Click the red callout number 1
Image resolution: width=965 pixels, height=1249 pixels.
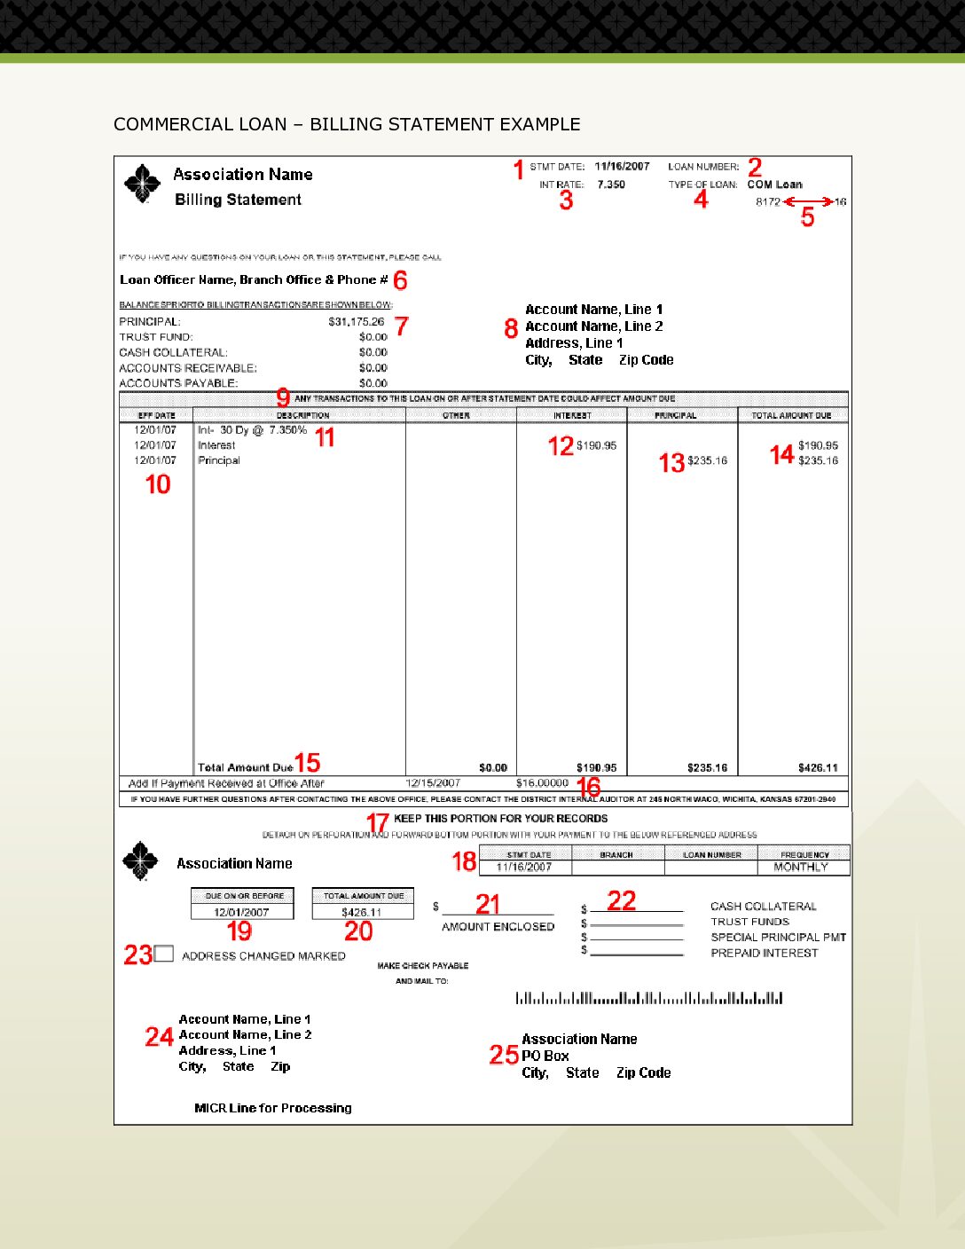(x=519, y=169)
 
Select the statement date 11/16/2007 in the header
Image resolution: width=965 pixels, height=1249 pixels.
(x=622, y=167)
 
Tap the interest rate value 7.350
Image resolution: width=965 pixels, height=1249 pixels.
(x=610, y=185)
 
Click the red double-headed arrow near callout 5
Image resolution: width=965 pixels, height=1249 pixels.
(x=808, y=202)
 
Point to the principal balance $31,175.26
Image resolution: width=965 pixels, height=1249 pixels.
(x=356, y=322)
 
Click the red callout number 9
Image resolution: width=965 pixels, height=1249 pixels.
(x=283, y=398)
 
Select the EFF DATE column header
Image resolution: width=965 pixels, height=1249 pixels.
(x=156, y=415)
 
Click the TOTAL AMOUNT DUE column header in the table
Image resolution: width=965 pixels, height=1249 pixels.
(x=791, y=415)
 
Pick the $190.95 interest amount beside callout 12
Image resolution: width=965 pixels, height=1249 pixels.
(x=596, y=445)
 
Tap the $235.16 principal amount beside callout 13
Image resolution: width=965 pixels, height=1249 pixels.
(x=707, y=460)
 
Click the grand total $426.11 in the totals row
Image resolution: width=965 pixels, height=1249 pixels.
(x=817, y=768)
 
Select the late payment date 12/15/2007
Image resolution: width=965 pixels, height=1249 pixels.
(x=433, y=783)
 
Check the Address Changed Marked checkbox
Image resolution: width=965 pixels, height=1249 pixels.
(x=163, y=954)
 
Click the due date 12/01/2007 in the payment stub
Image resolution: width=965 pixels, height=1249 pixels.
(x=241, y=912)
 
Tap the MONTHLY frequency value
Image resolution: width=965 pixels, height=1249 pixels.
(x=800, y=867)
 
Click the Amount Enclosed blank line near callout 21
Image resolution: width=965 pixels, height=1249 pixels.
(x=498, y=912)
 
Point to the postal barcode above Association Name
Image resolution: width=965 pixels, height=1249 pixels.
(x=648, y=998)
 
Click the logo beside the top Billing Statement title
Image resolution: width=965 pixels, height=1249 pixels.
(x=142, y=184)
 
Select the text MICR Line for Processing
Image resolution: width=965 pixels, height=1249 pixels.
(x=273, y=1108)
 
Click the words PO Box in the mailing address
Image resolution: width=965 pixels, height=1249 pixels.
(x=545, y=1056)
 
